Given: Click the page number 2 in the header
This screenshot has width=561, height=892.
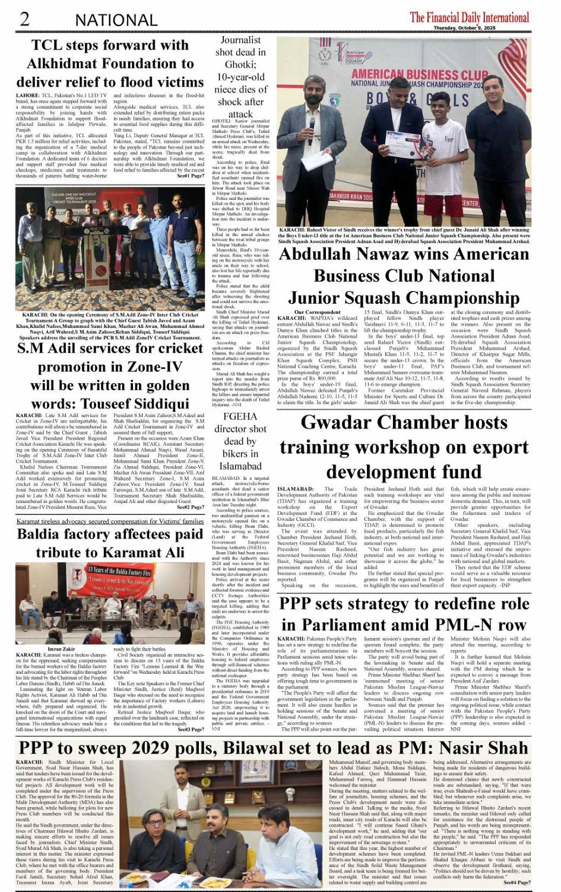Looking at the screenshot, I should (x=24, y=19).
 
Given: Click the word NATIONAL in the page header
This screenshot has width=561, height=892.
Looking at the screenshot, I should (x=116, y=20).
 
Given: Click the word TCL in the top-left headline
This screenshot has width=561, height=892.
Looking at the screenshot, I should (x=49, y=46).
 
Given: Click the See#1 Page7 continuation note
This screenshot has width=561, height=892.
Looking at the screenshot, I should (x=190, y=176).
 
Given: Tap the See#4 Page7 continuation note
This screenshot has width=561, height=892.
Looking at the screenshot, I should (x=515, y=883).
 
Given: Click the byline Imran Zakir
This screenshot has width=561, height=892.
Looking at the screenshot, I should (x=61, y=649).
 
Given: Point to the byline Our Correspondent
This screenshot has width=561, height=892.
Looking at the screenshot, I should (x=318, y=312).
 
